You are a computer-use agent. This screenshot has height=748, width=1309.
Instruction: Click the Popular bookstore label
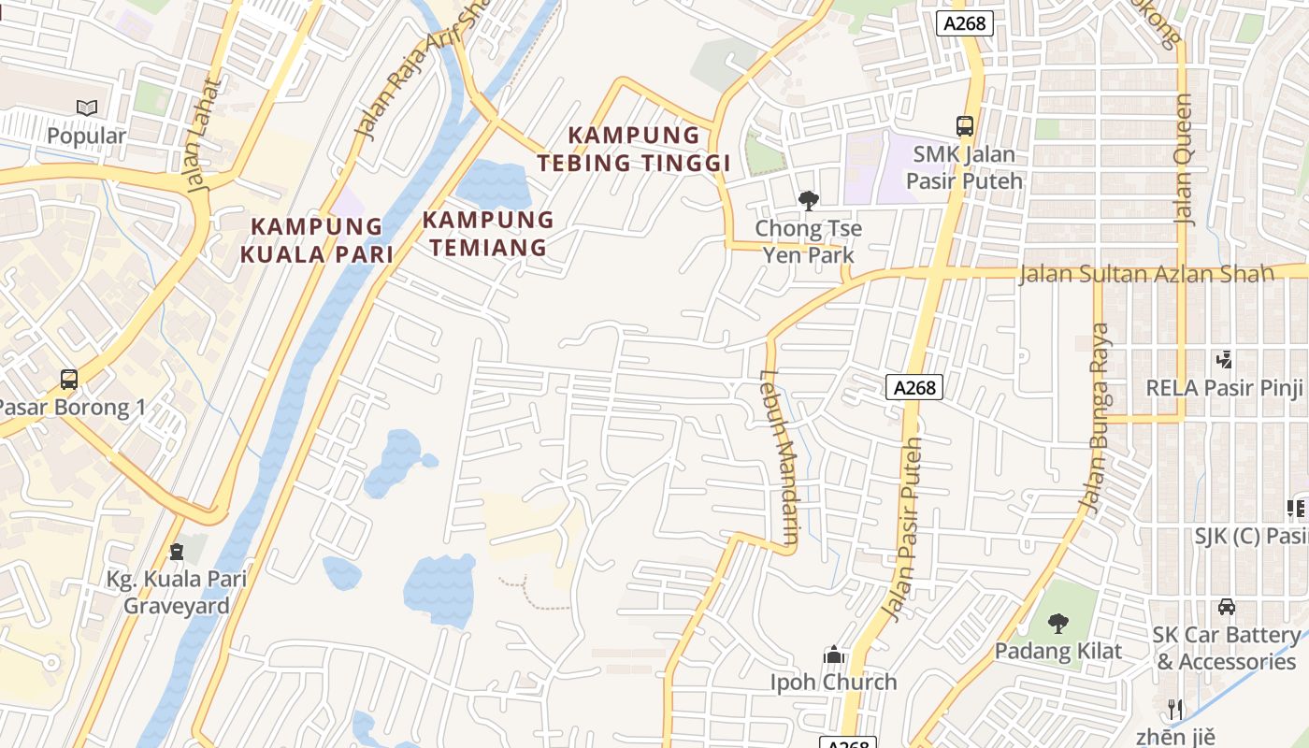click(x=86, y=137)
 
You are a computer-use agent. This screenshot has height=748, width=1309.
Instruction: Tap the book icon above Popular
click(x=87, y=108)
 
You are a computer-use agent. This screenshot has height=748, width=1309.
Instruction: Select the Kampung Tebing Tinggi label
click(x=633, y=150)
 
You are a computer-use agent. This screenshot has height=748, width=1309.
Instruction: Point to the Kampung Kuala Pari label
click(x=317, y=240)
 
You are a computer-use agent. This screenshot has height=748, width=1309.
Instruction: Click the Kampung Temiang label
click(x=488, y=234)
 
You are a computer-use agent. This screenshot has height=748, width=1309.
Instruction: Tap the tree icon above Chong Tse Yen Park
click(x=809, y=200)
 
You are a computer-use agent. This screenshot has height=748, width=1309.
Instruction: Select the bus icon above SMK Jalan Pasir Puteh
click(x=965, y=125)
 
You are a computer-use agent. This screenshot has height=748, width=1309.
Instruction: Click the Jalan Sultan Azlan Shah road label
click(x=1145, y=274)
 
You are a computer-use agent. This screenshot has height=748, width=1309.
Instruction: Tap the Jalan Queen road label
click(x=1184, y=159)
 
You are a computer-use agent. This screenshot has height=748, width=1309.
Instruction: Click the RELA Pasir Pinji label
click(x=1225, y=387)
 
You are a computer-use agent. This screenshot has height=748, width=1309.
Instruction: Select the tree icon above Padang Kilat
click(x=1058, y=623)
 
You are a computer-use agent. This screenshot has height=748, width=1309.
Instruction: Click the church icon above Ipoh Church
click(x=834, y=654)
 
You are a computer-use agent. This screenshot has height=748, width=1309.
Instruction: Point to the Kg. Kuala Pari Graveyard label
click(x=177, y=592)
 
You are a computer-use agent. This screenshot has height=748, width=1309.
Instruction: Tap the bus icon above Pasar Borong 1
click(x=69, y=380)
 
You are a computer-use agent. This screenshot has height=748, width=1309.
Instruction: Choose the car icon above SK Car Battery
click(x=1227, y=607)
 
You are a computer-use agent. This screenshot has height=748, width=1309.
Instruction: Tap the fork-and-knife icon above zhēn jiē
click(x=1175, y=709)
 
